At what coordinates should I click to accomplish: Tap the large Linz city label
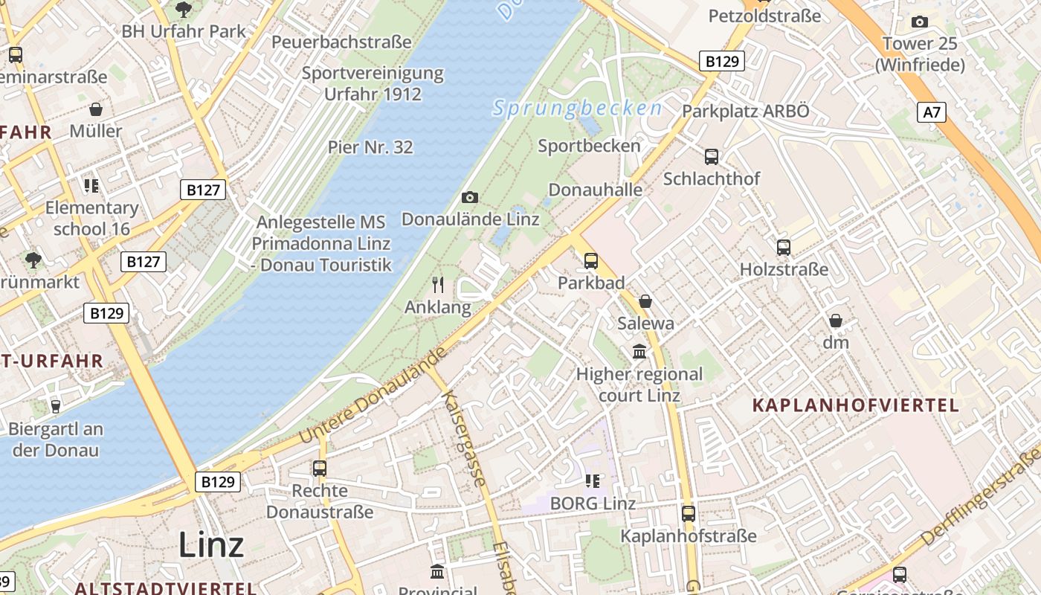(211, 545)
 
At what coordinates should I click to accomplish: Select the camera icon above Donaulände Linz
(469, 197)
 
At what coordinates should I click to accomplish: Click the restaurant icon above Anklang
(438, 284)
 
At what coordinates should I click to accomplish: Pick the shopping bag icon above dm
(836, 321)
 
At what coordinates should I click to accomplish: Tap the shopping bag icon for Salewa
(645, 301)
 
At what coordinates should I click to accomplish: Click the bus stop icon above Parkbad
(591, 261)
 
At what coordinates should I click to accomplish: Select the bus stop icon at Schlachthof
(712, 156)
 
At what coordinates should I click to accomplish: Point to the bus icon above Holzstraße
(784, 247)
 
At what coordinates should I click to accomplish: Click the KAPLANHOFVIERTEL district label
(856, 405)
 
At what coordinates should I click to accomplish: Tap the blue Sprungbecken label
(577, 109)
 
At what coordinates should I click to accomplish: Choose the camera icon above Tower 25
(920, 22)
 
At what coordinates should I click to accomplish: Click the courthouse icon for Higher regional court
(639, 351)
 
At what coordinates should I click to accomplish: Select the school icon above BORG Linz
(593, 480)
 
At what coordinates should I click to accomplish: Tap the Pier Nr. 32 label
(370, 147)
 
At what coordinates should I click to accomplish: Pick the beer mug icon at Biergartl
(55, 406)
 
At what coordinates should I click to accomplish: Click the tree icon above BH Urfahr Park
(184, 10)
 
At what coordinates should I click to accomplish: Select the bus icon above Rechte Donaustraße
(320, 469)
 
